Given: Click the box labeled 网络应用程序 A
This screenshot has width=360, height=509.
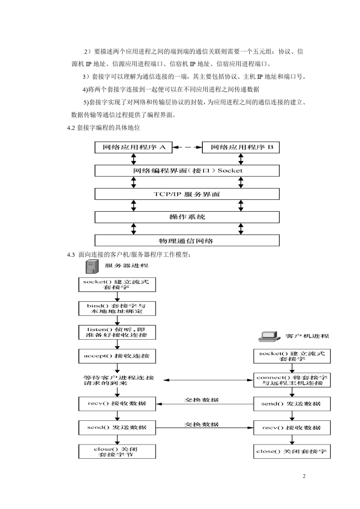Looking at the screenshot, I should [133, 147].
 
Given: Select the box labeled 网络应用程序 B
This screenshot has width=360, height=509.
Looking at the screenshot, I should [241, 147].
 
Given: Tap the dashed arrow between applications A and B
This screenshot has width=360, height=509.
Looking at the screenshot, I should [187, 147].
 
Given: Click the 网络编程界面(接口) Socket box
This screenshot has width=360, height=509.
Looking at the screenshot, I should [187, 171].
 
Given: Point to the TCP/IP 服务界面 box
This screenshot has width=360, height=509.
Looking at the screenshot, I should [187, 194].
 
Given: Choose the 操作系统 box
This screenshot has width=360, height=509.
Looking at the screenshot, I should [187, 217].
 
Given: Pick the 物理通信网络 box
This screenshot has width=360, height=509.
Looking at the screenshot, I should [187, 240].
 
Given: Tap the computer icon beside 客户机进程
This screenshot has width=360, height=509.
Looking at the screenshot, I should [268, 336].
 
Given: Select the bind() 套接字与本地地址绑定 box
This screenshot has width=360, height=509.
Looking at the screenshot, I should [117, 309].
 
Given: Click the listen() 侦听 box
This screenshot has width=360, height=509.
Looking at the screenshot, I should [117, 333].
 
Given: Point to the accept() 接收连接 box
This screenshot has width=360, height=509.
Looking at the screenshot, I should [117, 356].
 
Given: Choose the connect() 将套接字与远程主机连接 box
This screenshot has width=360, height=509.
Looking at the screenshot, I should [292, 380].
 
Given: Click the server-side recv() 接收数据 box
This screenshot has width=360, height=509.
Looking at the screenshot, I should [117, 404].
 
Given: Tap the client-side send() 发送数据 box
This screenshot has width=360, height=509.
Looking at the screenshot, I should [292, 404].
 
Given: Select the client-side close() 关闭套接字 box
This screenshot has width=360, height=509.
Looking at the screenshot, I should [292, 451].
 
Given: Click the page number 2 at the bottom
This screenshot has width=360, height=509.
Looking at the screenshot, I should [304, 476].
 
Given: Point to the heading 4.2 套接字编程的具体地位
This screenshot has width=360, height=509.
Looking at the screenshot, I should [103, 128].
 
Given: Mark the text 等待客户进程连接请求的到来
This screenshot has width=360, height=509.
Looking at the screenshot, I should [118, 380].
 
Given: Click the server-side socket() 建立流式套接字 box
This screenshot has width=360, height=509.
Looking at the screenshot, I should [117, 284].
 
